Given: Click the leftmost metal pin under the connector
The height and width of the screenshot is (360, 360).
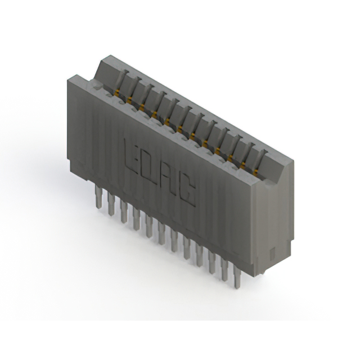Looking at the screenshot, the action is tap(98, 197).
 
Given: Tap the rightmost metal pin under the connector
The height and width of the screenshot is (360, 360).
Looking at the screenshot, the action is tap(237, 277).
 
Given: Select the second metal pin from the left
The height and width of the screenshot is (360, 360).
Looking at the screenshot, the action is tap(111, 204).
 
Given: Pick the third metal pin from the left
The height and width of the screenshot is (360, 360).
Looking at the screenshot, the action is tap(124, 211).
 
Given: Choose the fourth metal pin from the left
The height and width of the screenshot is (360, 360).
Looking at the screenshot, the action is tap(136, 219).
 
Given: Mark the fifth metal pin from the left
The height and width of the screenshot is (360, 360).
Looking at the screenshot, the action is tap(149, 226).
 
